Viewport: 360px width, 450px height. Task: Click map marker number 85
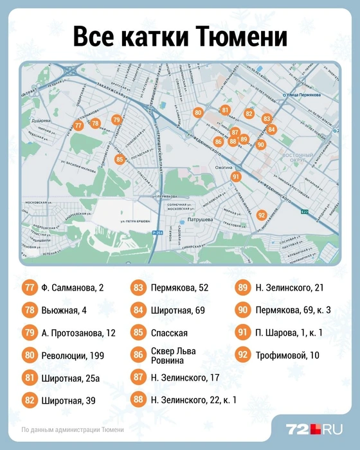click(119, 159)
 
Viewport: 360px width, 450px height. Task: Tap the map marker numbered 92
click(261, 215)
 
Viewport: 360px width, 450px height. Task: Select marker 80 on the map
click(198, 113)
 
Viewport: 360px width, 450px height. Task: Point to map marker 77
click(78, 126)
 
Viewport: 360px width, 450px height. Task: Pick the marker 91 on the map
click(237, 177)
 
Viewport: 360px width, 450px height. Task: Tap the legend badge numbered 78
click(30, 310)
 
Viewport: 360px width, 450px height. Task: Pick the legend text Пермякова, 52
click(179, 287)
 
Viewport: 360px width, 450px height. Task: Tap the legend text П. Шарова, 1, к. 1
click(289, 333)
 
